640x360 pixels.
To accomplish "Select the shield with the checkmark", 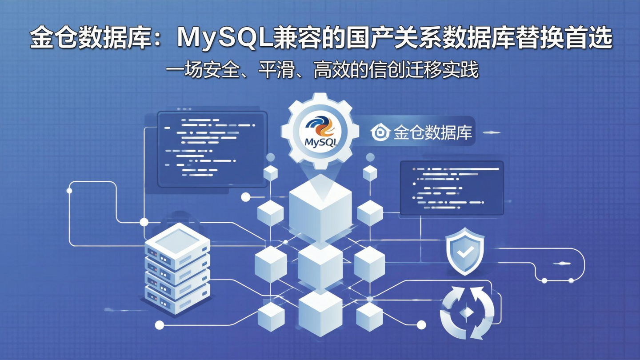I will pos(464,251).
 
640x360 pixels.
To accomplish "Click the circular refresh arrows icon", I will pos(467,312).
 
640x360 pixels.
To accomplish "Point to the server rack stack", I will pos(177,269).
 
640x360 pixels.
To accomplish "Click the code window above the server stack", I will pos(212,149).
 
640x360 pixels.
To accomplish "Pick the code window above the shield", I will pos(452,188).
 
